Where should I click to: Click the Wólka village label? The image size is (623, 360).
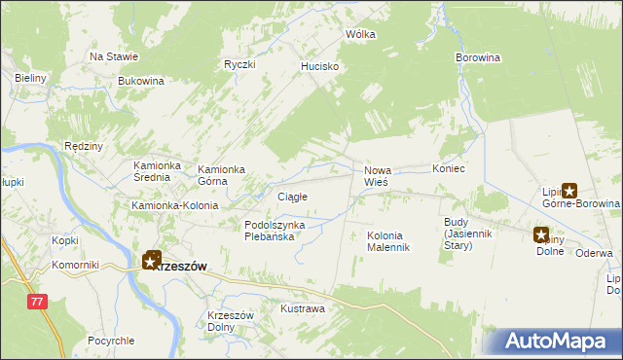tap(360, 34)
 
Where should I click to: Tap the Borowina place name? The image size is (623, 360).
tap(477, 58)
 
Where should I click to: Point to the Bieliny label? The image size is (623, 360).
tap(31, 77)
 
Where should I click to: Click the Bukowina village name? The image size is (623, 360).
tap(140, 81)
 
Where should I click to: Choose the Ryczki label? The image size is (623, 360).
tap(238, 64)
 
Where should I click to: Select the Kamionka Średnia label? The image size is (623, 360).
tap(160, 172)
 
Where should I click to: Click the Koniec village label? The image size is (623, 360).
tap(449, 169)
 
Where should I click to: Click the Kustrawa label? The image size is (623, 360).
tap(302, 308)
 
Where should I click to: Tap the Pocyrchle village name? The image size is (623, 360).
tap(110, 341)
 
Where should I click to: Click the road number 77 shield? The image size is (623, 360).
tap(37, 303)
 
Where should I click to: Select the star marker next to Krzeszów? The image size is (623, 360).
tap(152, 260)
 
